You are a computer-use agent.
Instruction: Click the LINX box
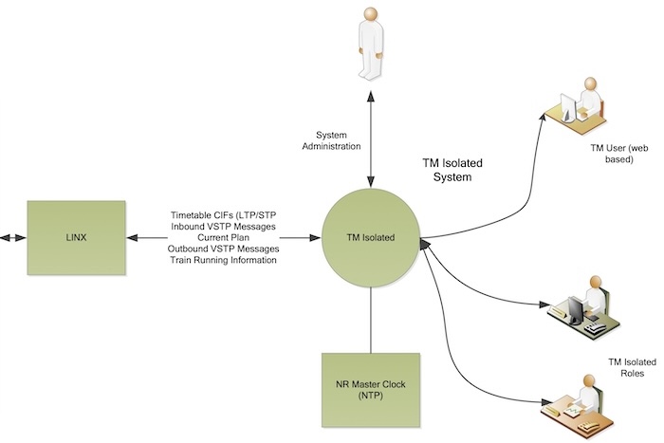click(x=76, y=237)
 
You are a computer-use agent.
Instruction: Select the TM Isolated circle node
click(x=371, y=237)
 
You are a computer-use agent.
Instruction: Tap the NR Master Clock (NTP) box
click(x=371, y=389)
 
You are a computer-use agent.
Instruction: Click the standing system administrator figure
click(x=370, y=47)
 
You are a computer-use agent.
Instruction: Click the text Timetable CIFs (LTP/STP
click(x=224, y=215)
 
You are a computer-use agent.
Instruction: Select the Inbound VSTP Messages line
click(x=224, y=227)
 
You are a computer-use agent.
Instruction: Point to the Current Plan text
click(x=224, y=238)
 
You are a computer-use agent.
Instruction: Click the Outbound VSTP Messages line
click(x=224, y=249)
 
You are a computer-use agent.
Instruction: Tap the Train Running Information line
click(x=224, y=261)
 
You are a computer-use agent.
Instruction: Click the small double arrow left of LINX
click(x=9, y=237)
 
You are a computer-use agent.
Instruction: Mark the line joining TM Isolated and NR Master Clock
click(x=371, y=314)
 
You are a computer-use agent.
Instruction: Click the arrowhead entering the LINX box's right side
click(x=132, y=237)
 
